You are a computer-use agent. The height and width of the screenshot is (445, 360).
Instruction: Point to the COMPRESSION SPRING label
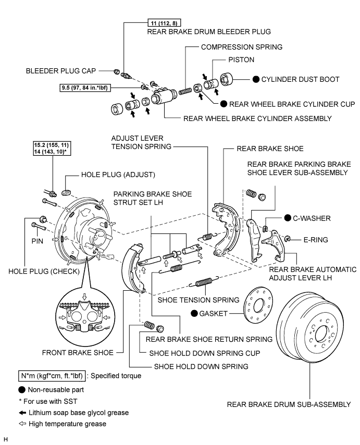pyautogui.click(x=241, y=47)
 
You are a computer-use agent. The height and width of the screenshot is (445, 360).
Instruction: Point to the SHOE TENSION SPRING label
pyautogui.click(x=197, y=300)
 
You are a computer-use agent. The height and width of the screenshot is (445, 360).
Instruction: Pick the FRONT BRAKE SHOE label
pyautogui.click(x=85, y=353)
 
